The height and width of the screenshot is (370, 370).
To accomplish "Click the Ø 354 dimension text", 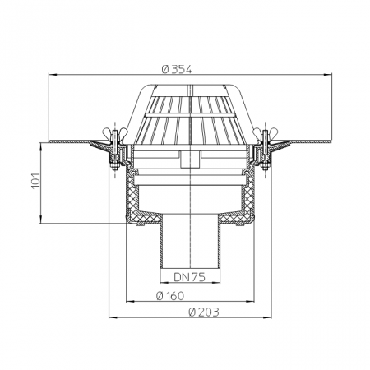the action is pos(177,69).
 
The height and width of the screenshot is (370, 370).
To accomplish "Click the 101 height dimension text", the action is pos(35,180).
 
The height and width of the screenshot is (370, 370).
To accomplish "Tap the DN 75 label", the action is pos(189,277).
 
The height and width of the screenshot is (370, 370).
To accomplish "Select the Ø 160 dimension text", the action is pos(170,296).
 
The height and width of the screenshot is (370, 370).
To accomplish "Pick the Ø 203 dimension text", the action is pos(204,312).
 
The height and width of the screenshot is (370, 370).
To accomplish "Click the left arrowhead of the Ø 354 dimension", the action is pos(53,74).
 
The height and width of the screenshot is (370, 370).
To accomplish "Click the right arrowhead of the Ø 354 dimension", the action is pos(327,74).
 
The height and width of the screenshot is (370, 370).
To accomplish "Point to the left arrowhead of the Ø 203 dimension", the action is pos(113,317).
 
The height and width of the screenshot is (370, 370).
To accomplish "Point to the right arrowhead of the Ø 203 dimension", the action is pos(267,317).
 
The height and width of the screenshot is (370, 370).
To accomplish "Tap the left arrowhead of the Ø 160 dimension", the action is pos(130,302).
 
